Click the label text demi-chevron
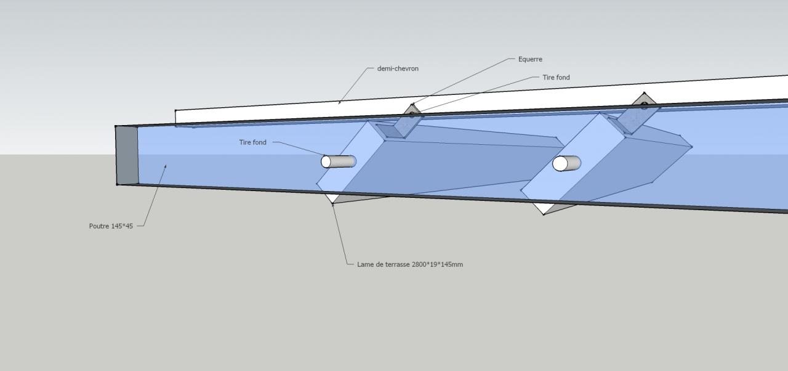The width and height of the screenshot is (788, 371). (398, 68)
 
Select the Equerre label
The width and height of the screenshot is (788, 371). (530, 59)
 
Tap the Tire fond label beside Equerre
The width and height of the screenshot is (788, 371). (556, 78)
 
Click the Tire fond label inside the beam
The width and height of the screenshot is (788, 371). (253, 142)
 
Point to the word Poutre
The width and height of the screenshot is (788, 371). (99, 226)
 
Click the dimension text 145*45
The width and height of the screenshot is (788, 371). (122, 226)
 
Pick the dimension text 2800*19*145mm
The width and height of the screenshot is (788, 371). (437, 264)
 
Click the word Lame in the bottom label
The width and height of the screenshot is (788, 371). (364, 264)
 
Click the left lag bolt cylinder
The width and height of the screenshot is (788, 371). (339, 161)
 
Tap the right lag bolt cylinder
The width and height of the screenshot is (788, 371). (567, 163)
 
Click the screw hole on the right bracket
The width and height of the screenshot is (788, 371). (644, 105)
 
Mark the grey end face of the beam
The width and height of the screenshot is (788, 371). (126, 155)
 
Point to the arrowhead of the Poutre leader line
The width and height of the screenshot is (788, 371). (165, 166)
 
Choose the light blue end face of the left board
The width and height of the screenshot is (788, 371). (351, 157)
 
